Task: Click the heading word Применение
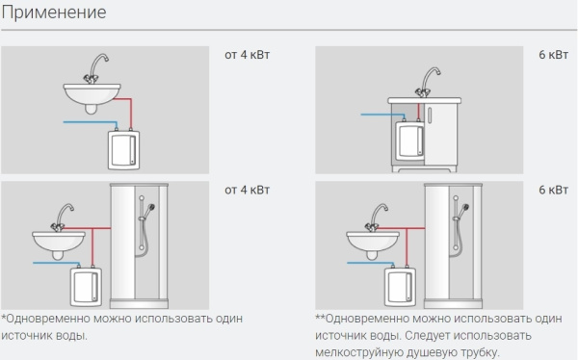(x=54, y=13)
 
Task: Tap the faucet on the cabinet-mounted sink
(x=428, y=82)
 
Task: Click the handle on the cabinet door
(x=430, y=115)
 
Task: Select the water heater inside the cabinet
(x=409, y=139)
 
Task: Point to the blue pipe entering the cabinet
(x=382, y=116)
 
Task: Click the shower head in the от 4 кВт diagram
(x=150, y=209)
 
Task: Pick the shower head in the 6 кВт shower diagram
(x=464, y=209)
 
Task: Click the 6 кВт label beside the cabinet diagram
(x=553, y=55)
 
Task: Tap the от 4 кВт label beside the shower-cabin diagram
(x=247, y=190)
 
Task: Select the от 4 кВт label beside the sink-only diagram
(x=247, y=55)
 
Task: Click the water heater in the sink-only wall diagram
(x=123, y=149)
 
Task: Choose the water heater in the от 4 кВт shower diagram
(x=86, y=286)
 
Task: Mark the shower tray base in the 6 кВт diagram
(x=453, y=303)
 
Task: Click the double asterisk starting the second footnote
(x=320, y=317)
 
